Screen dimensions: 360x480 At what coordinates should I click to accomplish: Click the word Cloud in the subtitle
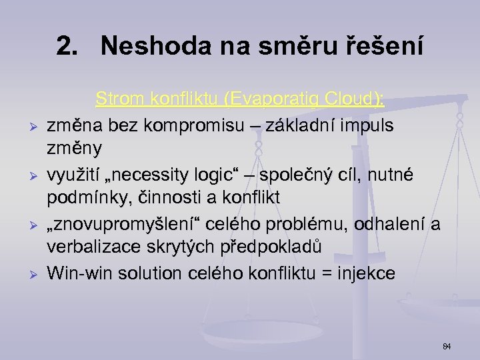click(353, 99)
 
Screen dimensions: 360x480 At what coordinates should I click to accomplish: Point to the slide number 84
click(447, 346)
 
